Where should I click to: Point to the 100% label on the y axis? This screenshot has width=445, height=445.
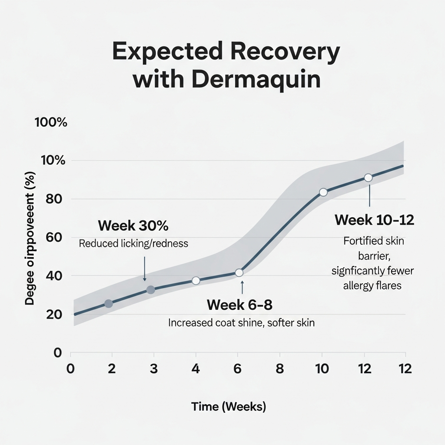click(x=50, y=123)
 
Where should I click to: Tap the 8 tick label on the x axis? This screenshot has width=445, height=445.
click(x=280, y=369)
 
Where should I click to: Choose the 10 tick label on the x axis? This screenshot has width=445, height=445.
click(x=322, y=369)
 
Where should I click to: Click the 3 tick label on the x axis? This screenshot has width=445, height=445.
click(x=153, y=369)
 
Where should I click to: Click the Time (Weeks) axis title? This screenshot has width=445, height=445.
click(x=229, y=407)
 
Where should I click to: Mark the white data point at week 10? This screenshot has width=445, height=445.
click(x=323, y=192)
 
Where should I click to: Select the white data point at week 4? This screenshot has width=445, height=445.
click(x=196, y=281)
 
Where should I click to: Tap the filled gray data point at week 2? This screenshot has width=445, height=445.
click(x=109, y=304)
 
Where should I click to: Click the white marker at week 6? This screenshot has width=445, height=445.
click(x=239, y=272)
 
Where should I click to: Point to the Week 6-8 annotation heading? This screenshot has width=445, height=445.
click(x=239, y=305)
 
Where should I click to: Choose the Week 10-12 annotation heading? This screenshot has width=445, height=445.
click(x=374, y=220)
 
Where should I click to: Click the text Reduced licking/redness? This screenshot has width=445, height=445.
click(x=133, y=243)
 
